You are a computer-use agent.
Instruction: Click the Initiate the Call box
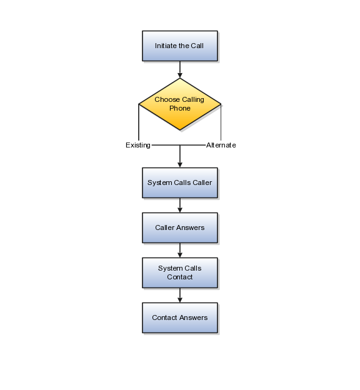[180, 46]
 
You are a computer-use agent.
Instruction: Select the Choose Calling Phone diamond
[180, 104]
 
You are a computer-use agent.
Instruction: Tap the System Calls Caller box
[180, 182]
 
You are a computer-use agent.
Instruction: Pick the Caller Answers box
[180, 228]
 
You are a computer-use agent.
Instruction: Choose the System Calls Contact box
[180, 273]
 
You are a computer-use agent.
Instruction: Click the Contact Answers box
[180, 318]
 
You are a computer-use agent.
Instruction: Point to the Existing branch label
[138, 145]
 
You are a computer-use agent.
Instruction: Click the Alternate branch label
[221, 145]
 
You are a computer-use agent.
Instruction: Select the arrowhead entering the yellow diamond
[180, 76]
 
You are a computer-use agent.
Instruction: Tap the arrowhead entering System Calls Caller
[180, 165]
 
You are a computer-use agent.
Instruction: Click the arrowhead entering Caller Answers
[180, 210]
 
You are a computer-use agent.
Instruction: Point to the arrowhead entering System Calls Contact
[180, 255]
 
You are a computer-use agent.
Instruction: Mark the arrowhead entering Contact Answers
[180, 300]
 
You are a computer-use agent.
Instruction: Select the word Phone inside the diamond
[180, 109]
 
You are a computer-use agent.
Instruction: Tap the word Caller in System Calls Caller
[202, 182]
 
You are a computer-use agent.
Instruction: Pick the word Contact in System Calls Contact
[180, 277]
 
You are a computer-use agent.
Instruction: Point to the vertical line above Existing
[139, 122]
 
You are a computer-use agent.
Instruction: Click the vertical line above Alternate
[221, 122]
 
